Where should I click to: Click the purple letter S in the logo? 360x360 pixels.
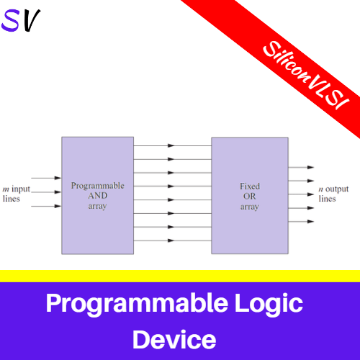12,22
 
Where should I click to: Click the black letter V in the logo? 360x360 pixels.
30,22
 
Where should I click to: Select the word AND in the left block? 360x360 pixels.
97,195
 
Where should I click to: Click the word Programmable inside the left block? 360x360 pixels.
97,186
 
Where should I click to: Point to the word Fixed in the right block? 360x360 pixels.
249,186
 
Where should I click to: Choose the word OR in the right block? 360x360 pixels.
249,196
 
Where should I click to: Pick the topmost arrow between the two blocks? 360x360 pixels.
172,145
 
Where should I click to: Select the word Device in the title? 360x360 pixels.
174,338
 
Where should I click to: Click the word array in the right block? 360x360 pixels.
249,206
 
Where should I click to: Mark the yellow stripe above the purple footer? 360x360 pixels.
180,276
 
